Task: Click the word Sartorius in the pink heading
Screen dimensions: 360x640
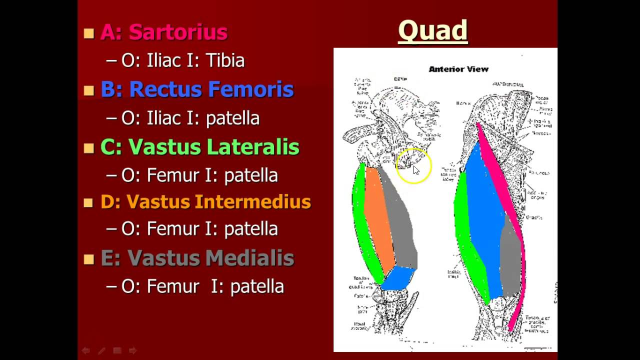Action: click(178, 32)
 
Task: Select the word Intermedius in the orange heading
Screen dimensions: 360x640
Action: click(253, 202)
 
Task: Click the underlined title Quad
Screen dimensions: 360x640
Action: click(432, 30)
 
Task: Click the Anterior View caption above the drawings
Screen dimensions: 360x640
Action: click(458, 69)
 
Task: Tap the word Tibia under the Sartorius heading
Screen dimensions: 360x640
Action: click(225, 60)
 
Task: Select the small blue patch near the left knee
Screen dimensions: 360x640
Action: click(398, 277)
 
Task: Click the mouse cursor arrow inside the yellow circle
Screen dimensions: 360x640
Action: click(415, 169)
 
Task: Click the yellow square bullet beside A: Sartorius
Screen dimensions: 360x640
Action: click(89, 33)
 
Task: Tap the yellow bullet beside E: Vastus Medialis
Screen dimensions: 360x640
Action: click(89, 259)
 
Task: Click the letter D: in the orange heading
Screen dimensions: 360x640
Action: click(110, 202)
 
